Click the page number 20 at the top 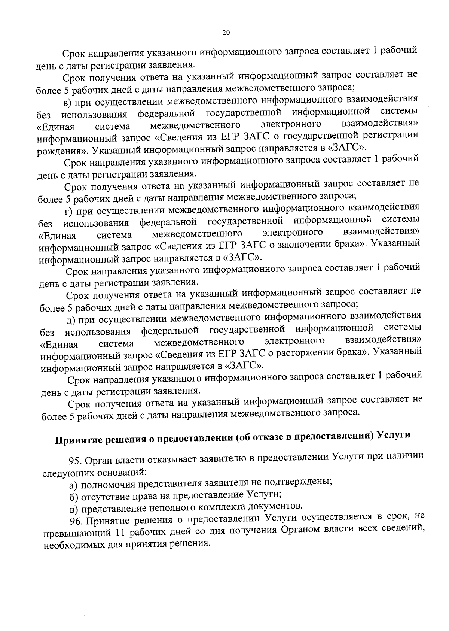[x=226, y=33]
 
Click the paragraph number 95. [x=75, y=459]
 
